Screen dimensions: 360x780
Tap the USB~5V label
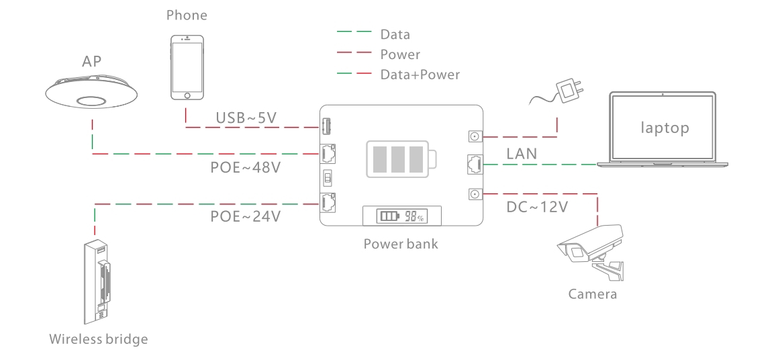246,118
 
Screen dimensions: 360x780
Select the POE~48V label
241,167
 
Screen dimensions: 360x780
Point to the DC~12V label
536,207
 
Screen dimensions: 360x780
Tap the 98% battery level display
401,216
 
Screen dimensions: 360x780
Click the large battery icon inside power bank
401,160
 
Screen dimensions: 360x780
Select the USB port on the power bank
328,125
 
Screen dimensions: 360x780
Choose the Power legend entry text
400,54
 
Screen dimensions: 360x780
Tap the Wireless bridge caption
98,339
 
